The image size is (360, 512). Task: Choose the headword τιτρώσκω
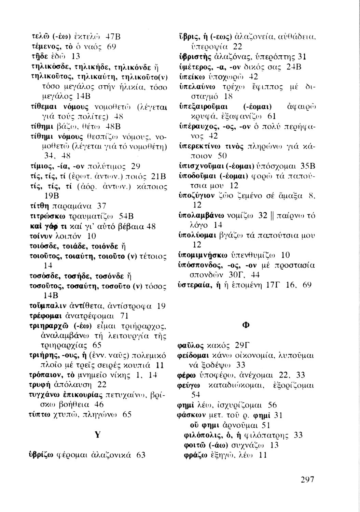coord(44,216)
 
